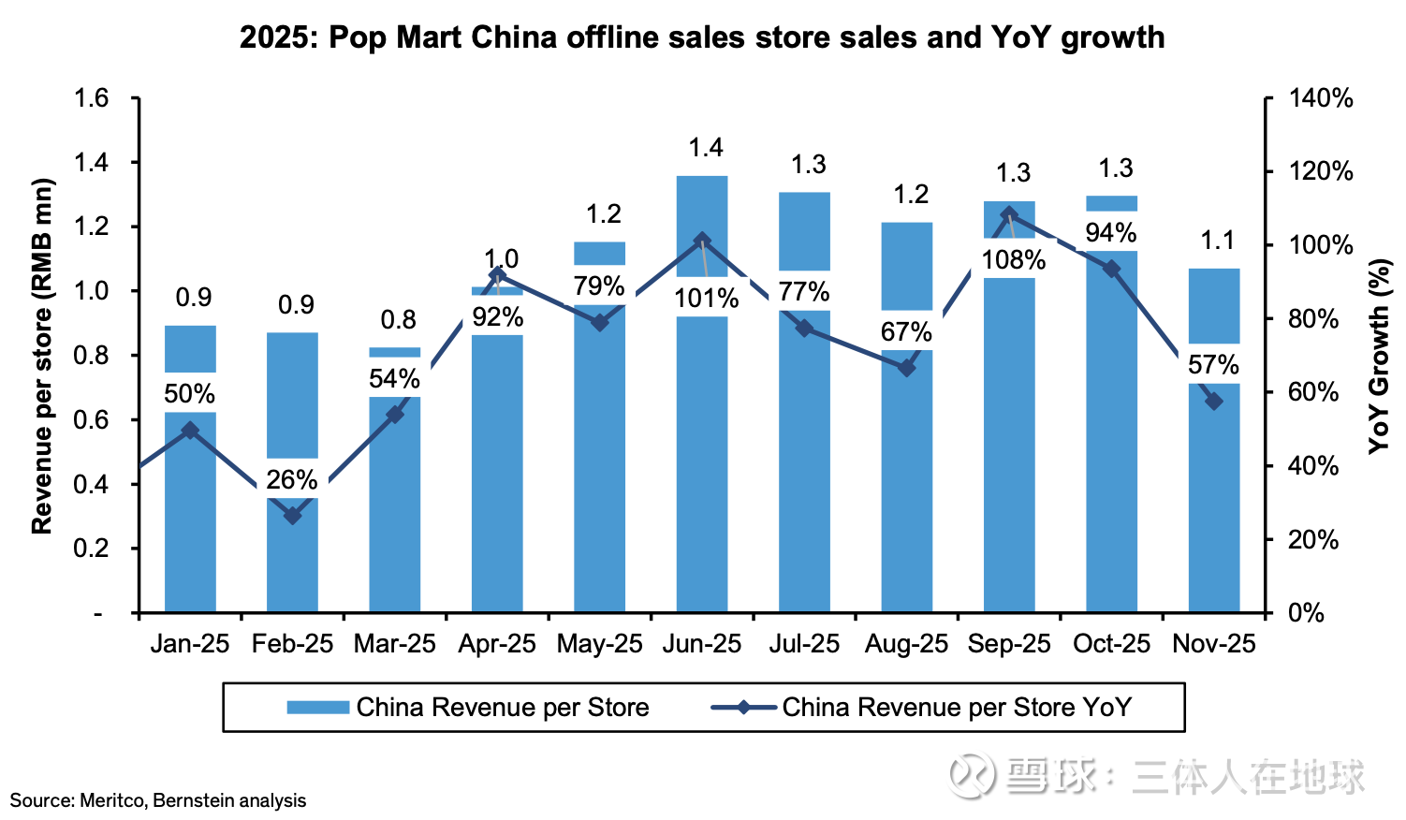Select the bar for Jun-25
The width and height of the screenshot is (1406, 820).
[x=702, y=468]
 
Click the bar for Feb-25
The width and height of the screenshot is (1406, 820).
[x=293, y=562]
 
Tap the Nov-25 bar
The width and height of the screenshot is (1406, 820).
[x=1214, y=505]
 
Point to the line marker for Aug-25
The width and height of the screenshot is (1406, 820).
[x=906, y=368]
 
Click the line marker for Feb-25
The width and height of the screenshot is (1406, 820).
[x=293, y=516]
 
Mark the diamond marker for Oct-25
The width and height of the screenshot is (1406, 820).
[x=1111, y=269]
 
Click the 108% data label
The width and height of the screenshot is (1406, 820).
[x=1013, y=259]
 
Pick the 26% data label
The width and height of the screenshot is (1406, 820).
[x=292, y=480]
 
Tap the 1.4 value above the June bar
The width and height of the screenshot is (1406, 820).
[x=706, y=148]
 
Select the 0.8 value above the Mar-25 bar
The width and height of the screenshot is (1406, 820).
[x=398, y=320]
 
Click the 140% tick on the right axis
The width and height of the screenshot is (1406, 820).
[x=1321, y=98]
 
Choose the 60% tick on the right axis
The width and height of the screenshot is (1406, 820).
[x=1313, y=392]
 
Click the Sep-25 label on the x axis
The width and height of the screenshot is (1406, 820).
[x=1009, y=644]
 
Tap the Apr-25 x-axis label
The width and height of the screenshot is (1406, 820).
[x=497, y=644]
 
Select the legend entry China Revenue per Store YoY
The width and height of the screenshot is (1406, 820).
[x=956, y=708]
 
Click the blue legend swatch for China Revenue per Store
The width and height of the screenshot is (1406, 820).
[x=317, y=708]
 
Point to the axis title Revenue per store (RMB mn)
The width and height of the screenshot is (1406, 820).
[x=42, y=356]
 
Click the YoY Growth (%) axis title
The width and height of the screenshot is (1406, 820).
[x=1378, y=356]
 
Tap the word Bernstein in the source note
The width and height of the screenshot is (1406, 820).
[x=193, y=801]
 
